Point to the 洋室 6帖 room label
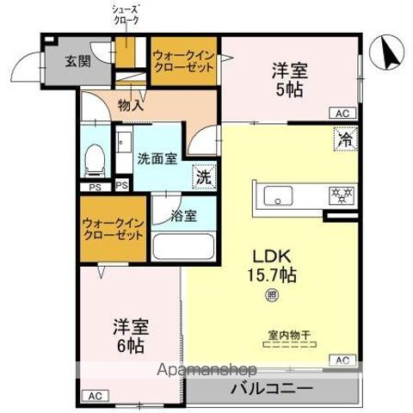pyautogui.click(x=130, y=336)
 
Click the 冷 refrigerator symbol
pyautogui.click(x=343, y=138)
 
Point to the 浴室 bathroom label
pyautogui.click(x=183, y=215)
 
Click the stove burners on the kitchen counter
pyautogui.click(x=338, y=194)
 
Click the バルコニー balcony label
pyautogui.click(x=270, y=388)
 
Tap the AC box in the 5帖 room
pyautogui.click(x=342, y=113)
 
